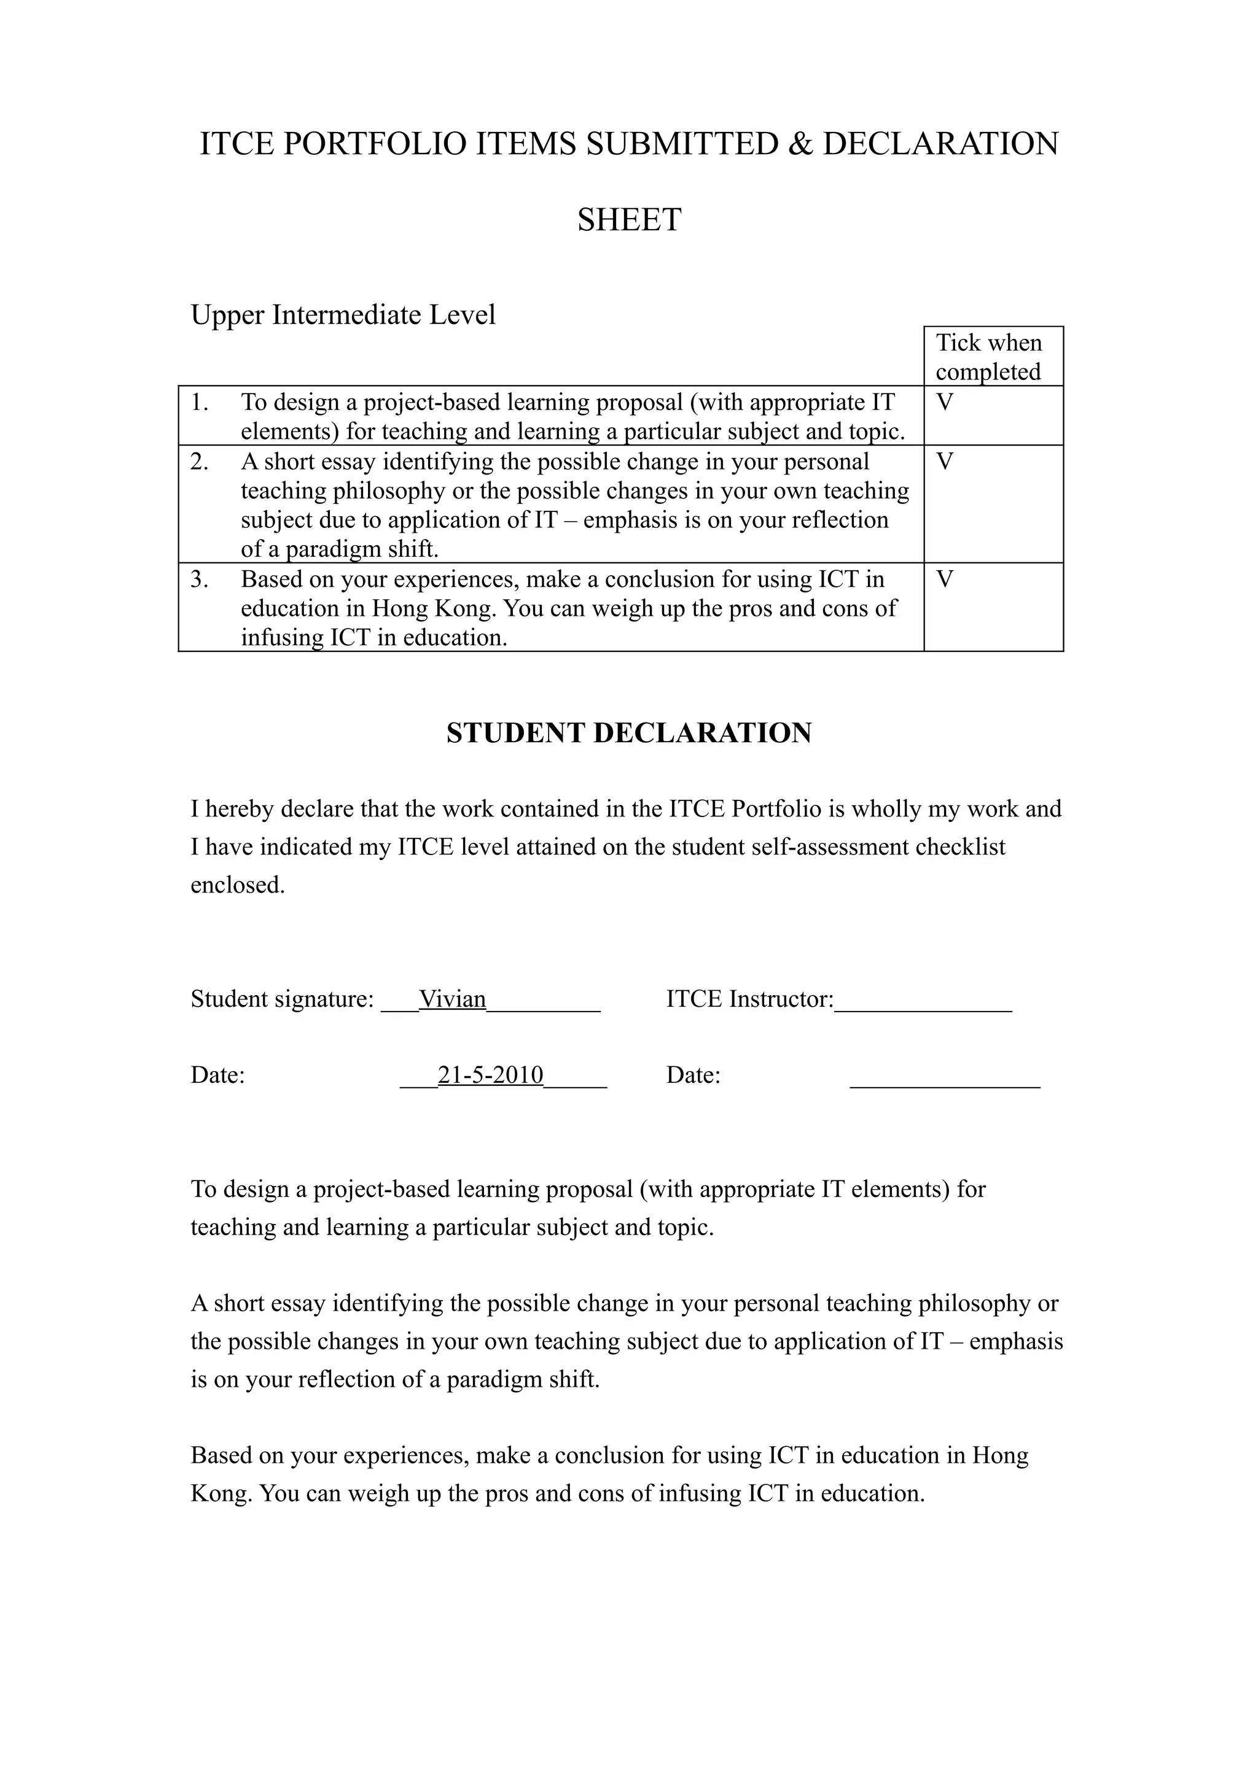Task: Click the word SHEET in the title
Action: (628, 220)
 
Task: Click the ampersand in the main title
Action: (799, 145)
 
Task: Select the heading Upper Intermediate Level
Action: (343, 314)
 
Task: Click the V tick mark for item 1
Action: (944, 403)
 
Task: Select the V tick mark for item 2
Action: (944, 462)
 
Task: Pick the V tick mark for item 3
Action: (944, 579)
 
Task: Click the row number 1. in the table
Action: (199, 403)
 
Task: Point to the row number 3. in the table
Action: (199, 579)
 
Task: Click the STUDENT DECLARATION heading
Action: (628, 733)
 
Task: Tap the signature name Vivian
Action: (453, 999)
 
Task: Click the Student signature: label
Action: (282, 999)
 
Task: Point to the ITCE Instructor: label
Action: (749, 999)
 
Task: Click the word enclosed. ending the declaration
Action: (238, 885)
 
